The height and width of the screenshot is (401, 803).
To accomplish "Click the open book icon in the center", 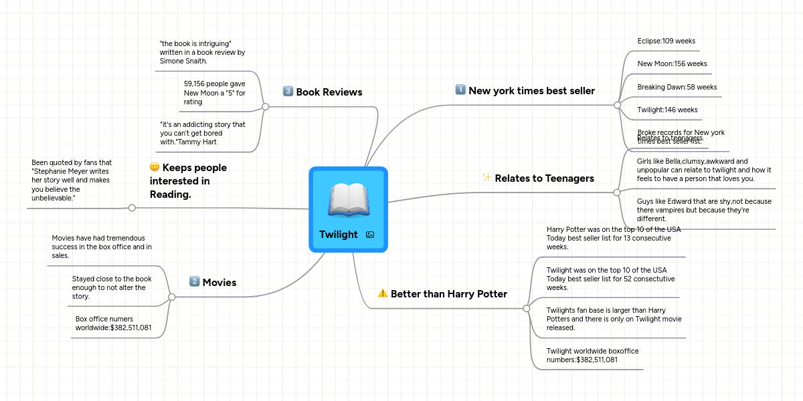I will point(348,199).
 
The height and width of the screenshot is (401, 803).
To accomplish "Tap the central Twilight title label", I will point(338,235).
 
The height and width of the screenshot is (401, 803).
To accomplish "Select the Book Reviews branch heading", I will point(329,92).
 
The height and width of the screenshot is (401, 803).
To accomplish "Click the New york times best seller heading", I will point(531,91).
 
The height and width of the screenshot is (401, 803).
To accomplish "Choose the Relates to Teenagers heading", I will point(544,178).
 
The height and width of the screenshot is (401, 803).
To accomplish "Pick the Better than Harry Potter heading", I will point(448,294).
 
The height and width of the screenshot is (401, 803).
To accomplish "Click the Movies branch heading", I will point(219,283).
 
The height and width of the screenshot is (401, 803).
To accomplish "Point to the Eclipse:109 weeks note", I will point(666,41).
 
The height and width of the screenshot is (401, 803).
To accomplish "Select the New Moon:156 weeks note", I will point(672,64).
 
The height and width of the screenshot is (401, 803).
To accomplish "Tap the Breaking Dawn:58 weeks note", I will point(677,88).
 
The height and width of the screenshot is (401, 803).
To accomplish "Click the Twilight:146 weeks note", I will point(667,110).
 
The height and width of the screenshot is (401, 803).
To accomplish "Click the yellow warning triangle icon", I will point(383,293).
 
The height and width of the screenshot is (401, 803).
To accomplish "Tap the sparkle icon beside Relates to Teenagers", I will point(486,178).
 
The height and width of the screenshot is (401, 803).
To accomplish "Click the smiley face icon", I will point(155,167).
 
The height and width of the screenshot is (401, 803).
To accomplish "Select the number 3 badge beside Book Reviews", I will point(288,92).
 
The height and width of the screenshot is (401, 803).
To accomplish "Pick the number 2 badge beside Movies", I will point(195,282).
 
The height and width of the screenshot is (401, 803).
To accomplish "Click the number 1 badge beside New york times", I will point(460,90).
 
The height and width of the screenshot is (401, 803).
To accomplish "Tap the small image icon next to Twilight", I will point(370,235).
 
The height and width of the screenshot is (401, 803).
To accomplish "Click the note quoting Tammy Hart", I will point(203,133).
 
